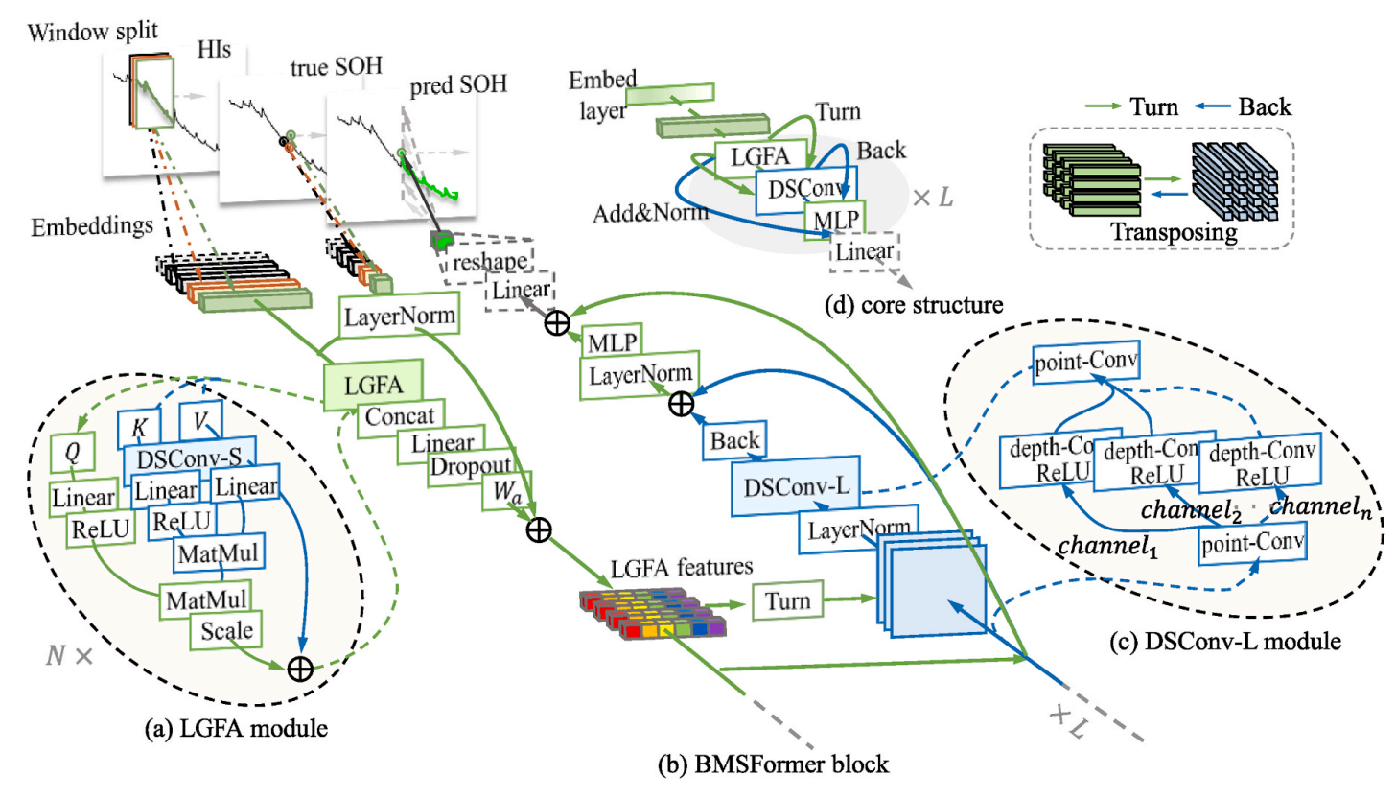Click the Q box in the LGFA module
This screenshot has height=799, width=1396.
click(x=72, y=451)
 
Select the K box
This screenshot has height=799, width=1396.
click(x=139, y=427)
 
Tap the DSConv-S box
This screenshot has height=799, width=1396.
click(x=190, y=459)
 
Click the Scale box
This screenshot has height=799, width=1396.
click(x=226, y=630)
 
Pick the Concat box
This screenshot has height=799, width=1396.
click(x=400, y=415)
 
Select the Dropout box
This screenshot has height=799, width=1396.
click(x=470, y=467)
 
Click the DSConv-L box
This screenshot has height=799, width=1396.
click(x=796, y=486)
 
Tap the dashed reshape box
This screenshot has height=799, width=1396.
click(x=489, y=262)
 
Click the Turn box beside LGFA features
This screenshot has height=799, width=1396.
click(x=787, y=600)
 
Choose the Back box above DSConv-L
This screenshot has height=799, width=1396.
click(x=734, y=440)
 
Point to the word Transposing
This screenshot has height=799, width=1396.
click(x=1175, y=232)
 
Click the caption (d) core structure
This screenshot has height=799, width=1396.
click(x=914, y=305)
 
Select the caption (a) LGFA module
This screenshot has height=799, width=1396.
click(x=236, y=728)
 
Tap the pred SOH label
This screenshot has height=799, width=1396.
click(x=458, y=84)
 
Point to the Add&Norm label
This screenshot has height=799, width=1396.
click(x=650, y=213)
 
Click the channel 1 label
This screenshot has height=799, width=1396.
click(x=1108, y=546)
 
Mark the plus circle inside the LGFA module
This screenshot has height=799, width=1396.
click(x=300, y=669)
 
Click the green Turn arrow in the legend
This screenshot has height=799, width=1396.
click(x=1106, y=106)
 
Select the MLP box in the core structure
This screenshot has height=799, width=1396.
click(x=834, y=220)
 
